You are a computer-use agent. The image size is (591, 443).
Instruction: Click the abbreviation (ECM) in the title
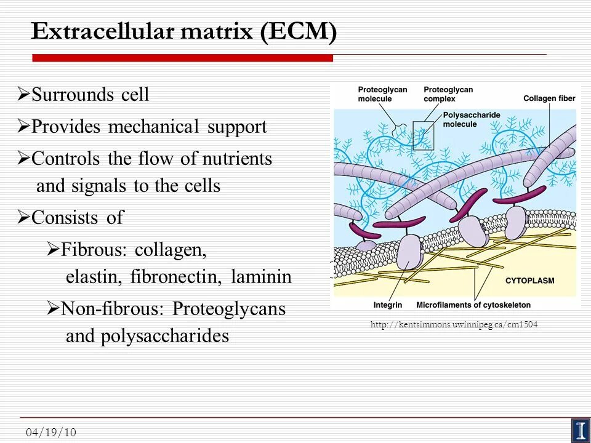tap(298, 31)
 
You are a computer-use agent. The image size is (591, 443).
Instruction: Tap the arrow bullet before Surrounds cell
tap(23, 95)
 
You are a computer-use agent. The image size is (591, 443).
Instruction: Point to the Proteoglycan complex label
tap(448, 94)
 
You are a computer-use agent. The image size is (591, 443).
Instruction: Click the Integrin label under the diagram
tap(388, 305)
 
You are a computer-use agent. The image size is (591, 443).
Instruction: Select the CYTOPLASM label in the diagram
tap(529, 281)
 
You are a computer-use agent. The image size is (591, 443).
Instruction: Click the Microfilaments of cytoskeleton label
tap(473, 305)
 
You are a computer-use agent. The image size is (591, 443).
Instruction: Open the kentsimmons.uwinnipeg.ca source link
tap(454, 325)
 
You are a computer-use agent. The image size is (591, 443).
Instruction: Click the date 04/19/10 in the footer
tap(51, 433)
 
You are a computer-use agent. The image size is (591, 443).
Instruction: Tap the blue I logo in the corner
tap(580, 429)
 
